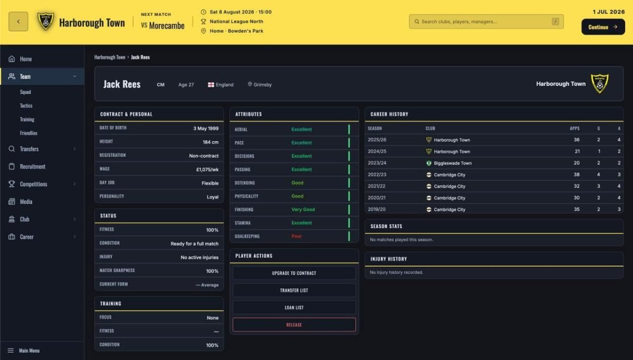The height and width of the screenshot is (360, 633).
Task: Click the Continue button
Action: click(603, 27)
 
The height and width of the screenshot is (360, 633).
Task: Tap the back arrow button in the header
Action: click(18, 22)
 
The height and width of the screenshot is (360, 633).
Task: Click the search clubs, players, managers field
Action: click(486, 22)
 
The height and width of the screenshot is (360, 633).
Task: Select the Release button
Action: click(294, 325)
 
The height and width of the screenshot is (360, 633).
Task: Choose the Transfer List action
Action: click(294, 290)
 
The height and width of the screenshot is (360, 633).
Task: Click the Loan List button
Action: click(294, 307)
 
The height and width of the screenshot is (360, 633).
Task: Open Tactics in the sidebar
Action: click(26, 105)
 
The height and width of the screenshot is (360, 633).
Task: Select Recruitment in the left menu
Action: click(33, 167)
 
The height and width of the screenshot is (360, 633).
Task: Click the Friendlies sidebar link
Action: click(28, 133)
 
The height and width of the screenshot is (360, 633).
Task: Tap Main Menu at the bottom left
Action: click(29, 351)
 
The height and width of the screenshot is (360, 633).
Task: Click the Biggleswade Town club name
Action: click(453, 163)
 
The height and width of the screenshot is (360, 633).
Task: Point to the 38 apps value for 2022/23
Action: click(577, 174)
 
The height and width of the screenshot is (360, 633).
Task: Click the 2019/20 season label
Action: click(377, 209)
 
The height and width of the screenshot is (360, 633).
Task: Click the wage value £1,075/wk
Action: click(207, 169)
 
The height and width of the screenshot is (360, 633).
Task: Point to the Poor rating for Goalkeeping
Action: click(296, 236)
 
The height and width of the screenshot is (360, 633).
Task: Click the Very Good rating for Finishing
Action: click(303, 209)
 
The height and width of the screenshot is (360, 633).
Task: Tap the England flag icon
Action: click(211, 85)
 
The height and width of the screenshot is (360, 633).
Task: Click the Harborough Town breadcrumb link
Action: click(110, 57)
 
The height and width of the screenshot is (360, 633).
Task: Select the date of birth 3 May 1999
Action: click(206, 129)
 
